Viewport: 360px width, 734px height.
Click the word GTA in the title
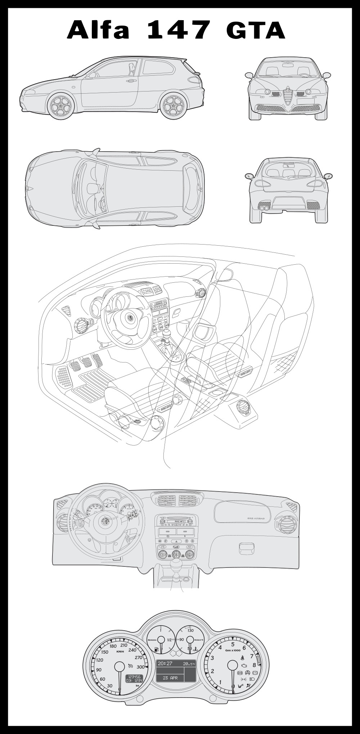point(256,30)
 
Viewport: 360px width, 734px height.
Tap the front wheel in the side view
point(61,105)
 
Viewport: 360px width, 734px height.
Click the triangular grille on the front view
point(288,96)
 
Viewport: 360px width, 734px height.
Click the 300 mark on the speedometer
point(141,667)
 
